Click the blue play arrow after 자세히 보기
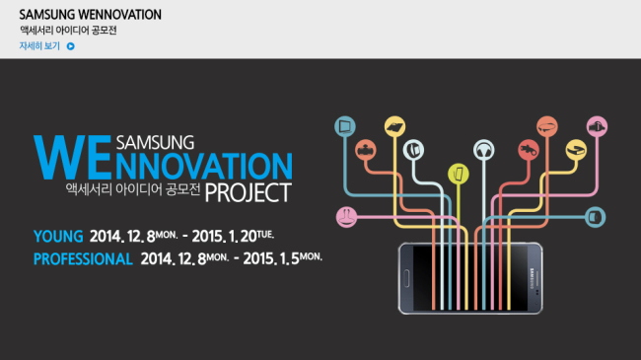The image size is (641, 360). [x=71, y=46]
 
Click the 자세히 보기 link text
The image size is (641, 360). [x=39, y=45]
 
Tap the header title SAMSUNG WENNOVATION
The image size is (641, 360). [x=91, y=15]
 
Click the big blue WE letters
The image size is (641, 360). [x=73, y=157]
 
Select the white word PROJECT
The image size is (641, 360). [x=249, y=192]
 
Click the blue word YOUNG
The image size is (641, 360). [x=58, y=237]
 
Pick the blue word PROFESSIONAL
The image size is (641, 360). [x=83, y=259]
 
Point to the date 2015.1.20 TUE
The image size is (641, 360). [x=233, y=236]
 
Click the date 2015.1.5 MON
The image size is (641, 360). [x=282, y=258]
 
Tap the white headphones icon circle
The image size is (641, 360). [x=484, y=150]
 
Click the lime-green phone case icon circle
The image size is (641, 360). [x=459, y=174]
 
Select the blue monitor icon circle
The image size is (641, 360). [x=345, y=126]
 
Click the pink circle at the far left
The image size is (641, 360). [x=347, y=217]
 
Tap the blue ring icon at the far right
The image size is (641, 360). [x=596, y=217]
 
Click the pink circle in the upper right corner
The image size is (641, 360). [x=597, y=126]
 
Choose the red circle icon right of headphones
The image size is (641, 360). [x=529, y=150]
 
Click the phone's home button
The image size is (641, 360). [x=406, y=278]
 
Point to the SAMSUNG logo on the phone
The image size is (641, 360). [x=533, y=278]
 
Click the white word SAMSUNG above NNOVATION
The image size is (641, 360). [x=156, y=143]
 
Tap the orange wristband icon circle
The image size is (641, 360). [x=547, y=126]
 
